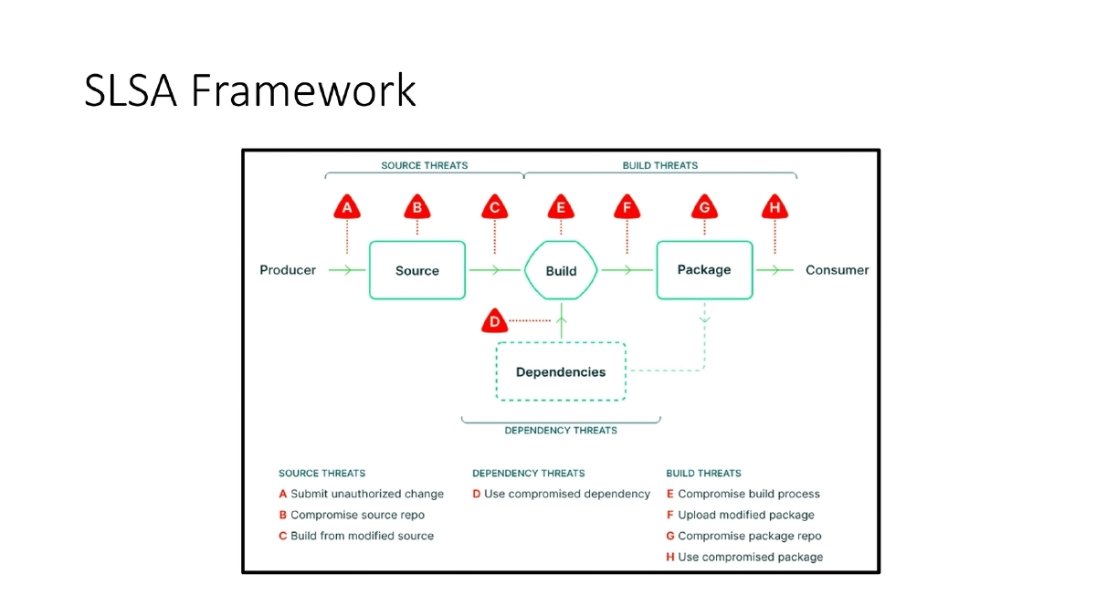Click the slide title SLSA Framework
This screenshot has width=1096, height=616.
tap(249, 90)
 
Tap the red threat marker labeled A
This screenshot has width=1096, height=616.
tap(346, 208)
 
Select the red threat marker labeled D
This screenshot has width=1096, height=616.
tap(494, 321)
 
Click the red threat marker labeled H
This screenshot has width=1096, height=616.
tap(775, 208)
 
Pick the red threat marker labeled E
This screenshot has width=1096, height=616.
tap(561, 208)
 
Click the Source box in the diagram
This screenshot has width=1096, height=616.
tap(417, 270)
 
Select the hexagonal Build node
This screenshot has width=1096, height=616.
tap(561, 270)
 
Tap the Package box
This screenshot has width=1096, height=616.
tap(704, 270)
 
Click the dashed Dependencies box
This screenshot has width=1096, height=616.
tap(561, 371)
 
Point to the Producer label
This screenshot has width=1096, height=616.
tap(288, 270)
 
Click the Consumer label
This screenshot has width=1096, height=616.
tap(837, 270)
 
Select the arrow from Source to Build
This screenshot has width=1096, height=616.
tap(494, 270)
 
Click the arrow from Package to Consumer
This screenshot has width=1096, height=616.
tap(775, 270)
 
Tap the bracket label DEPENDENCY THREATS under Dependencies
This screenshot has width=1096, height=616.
tap(561, 430)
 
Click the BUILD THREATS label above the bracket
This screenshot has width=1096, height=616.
tap(659, 165)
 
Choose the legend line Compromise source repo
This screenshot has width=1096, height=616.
tap(357, 515)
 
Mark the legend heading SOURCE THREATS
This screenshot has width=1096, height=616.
tap(321, 473)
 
